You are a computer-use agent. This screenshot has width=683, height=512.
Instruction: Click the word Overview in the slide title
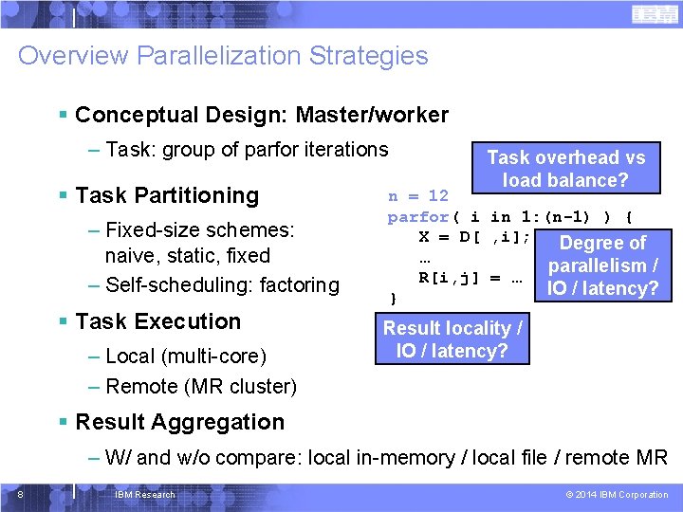[72, 55]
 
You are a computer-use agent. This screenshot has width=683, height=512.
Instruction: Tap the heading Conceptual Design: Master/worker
[261, 115]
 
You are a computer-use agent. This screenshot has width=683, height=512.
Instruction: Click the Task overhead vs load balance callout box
[565, 169]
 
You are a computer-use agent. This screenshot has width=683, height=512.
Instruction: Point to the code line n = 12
[417, 196]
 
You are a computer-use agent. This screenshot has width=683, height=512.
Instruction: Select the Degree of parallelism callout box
[602, 265]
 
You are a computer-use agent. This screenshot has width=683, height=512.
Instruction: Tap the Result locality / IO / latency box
[452, 339]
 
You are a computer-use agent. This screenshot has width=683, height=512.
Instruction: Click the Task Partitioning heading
[166, 195]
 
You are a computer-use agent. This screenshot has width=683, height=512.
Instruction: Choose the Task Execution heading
[157, 321]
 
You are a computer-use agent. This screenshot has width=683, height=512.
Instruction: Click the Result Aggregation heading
[179, 422]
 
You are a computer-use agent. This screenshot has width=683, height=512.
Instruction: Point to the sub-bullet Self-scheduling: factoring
[223, 284]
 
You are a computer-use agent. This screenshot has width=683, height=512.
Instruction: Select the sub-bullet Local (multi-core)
[186, 356]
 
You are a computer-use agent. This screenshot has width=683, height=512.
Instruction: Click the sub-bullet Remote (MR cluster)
[201, 386]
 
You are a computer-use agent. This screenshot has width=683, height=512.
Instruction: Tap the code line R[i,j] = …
[471, 277]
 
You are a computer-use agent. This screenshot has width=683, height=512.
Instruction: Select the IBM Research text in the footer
[144, 495]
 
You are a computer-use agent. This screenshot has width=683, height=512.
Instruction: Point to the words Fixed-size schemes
[200, 230]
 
